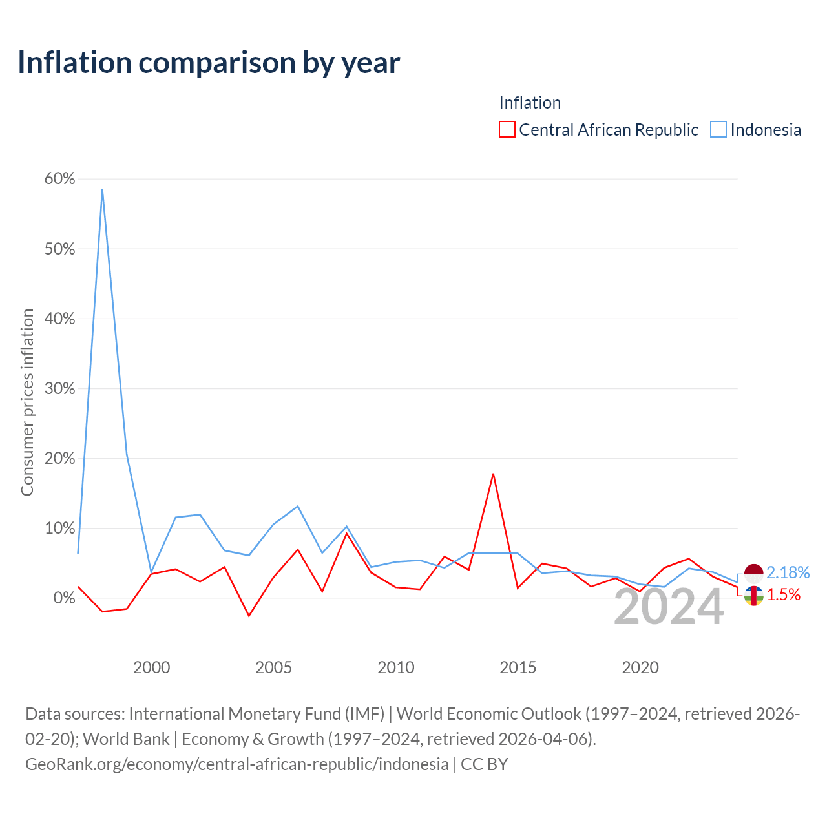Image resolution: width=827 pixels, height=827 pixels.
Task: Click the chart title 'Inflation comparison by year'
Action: [x=209, y=63]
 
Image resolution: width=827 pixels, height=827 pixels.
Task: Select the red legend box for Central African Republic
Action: [x=507, y=130]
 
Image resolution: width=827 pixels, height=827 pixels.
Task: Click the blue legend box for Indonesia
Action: [x=718, y=130]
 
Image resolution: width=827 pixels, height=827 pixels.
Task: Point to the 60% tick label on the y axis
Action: [x=59, y=178]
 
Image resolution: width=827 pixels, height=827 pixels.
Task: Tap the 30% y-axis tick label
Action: [x=59, y=388]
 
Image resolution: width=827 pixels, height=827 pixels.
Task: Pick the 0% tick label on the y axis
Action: [x=64, y=598]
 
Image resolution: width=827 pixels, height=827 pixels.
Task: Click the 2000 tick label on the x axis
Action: [x=151, y=668]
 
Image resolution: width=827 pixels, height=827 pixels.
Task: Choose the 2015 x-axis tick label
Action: [x=518, y=668]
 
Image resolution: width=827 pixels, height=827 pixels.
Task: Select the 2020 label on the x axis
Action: [x=640, y=668]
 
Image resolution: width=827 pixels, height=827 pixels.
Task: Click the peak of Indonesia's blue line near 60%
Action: [x=102, y=190]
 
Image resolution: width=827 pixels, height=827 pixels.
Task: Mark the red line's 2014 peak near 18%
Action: [x=494, y=474]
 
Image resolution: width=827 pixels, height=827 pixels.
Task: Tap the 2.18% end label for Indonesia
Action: [x=788, y=572]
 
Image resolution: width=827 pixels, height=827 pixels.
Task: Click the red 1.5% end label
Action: [x=784, y=595]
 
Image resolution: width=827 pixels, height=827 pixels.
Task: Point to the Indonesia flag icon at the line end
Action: [x=753, y=573]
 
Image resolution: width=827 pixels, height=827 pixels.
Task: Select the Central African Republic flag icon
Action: [x=753, y=596]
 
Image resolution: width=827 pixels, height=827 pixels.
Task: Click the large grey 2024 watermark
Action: [x=669, y=607]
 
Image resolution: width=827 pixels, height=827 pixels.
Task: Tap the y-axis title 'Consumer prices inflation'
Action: [x=27, y=403]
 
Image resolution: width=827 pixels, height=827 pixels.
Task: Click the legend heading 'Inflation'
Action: [x=530, y=103]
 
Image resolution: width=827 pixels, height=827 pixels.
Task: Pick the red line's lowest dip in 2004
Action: [x=249, y=616]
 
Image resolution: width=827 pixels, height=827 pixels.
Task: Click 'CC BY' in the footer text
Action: [x=484, y=764]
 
